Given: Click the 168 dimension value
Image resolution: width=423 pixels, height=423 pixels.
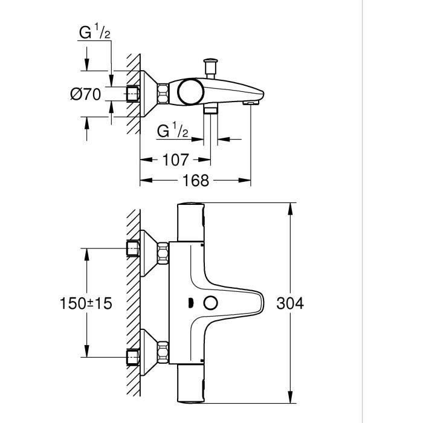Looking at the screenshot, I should [195, 180].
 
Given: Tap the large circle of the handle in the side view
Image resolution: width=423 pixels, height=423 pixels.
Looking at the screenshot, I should [191, 91].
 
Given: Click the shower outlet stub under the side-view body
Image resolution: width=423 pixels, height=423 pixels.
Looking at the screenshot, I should [210, 110].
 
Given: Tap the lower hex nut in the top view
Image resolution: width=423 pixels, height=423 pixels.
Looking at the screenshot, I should [163, 352].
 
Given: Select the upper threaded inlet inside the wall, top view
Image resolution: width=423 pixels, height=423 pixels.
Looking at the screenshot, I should [133, 249].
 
